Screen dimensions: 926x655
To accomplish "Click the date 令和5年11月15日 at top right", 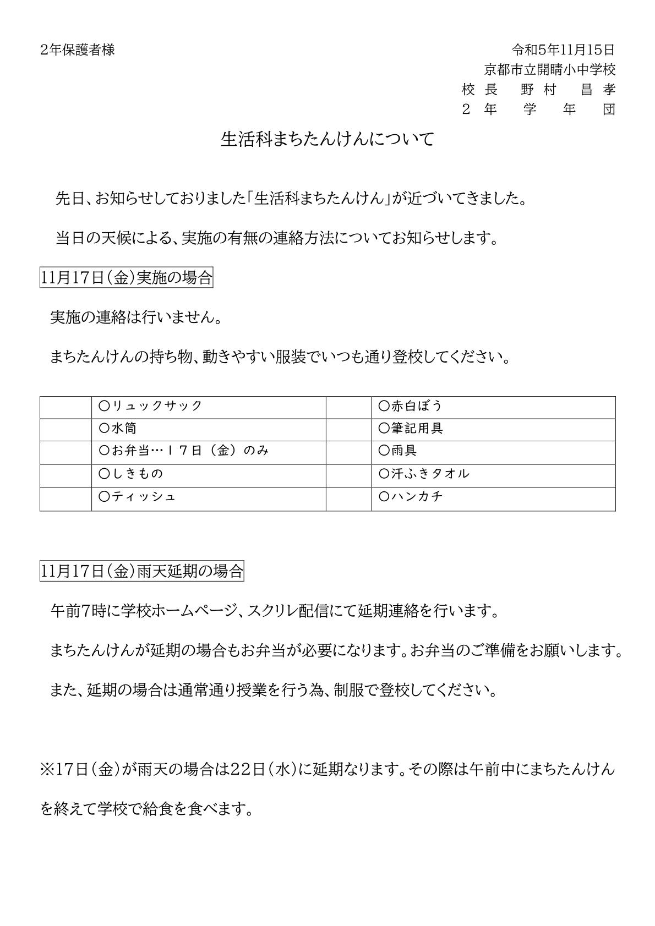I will (563, 50).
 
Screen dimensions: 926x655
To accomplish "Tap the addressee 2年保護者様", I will (77, 50).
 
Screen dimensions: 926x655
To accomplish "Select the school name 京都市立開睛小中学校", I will (549, 70).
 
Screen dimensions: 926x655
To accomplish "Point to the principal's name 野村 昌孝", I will (567, 90).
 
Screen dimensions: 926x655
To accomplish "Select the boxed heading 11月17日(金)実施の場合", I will (127, 278).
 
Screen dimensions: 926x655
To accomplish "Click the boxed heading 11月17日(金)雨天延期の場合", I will (142, 571).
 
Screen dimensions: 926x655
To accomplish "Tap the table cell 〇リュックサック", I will (150, 406).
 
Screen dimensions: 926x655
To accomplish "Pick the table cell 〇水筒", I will (118, 428).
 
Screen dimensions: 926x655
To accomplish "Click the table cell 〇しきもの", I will (131, 474).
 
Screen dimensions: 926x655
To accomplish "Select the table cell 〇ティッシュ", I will (137, 496).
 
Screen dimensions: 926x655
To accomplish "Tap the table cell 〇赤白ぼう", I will (411, 406).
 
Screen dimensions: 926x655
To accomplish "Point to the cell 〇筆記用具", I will (411, 428).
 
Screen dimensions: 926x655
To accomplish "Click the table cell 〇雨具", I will (398, 451).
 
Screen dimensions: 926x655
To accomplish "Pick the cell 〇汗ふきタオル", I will (424, 474).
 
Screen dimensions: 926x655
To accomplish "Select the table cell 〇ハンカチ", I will (411, 496).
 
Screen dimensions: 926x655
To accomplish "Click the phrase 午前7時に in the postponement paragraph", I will (80, 611).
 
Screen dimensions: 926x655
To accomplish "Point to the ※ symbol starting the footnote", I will (47, 769).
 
